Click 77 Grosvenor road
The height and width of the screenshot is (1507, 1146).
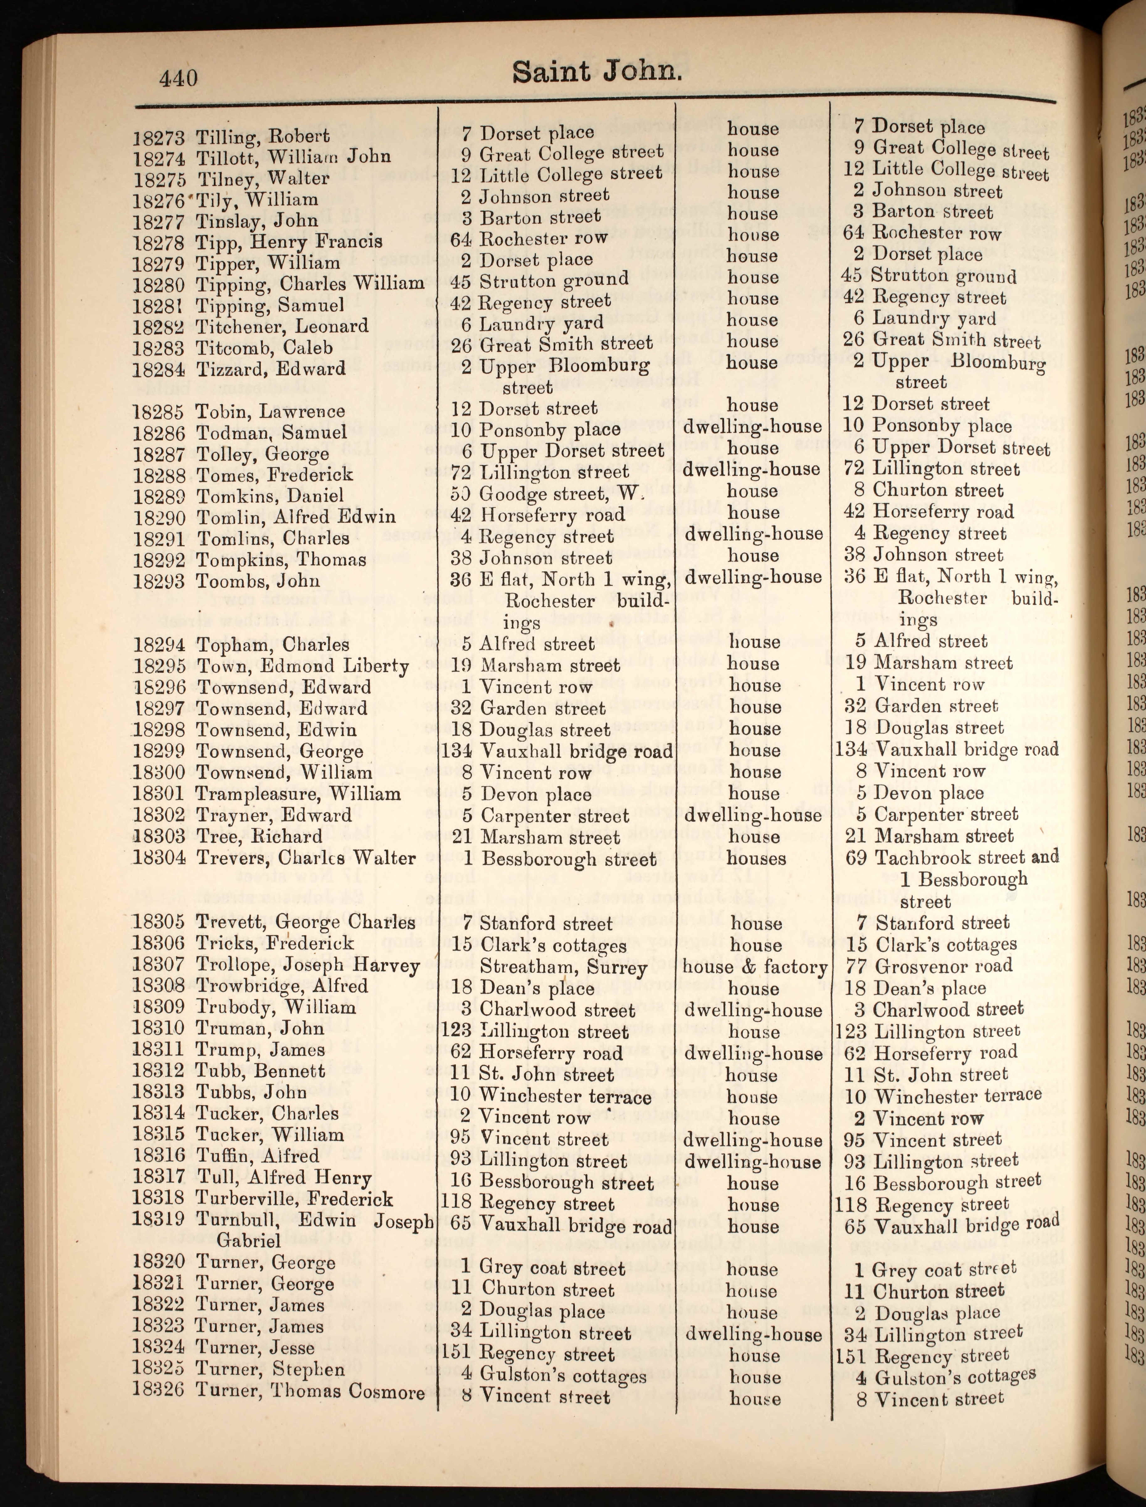pos(928,966)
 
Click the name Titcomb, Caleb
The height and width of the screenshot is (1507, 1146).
pos(264,347)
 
